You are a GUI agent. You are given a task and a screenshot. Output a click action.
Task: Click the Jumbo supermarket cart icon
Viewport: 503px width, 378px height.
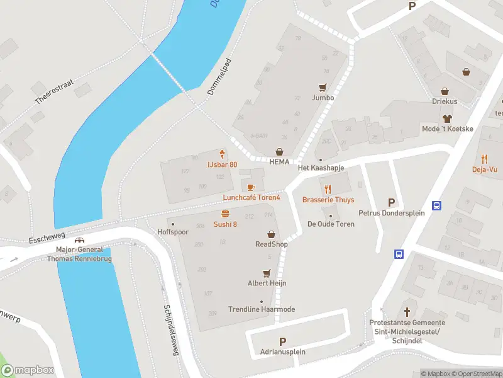pos(323,88)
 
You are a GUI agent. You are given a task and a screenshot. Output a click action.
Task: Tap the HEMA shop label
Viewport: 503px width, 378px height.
pos(279,161)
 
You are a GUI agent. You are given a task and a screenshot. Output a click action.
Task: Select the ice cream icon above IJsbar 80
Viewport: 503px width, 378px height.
pos(222,154)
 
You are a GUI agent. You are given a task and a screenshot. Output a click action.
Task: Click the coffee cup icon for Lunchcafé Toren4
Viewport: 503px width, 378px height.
pos(251,187)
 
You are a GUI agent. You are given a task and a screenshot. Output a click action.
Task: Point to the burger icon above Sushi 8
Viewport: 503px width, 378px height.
pos(225,214)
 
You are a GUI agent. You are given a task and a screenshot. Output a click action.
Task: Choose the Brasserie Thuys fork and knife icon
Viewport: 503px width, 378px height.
pos(328,189)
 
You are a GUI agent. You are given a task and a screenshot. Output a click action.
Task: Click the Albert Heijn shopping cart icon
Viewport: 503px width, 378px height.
pos(267,273)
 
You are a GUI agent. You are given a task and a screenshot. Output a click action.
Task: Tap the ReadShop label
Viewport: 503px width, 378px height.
pos(271,244)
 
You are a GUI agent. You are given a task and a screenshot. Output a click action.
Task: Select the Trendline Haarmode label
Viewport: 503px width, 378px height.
pos(261,309)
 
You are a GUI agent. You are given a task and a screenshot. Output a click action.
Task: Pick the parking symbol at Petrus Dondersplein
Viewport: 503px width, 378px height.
pos(392,203)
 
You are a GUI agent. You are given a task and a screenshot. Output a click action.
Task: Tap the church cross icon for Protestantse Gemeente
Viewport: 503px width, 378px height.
pos(407,312)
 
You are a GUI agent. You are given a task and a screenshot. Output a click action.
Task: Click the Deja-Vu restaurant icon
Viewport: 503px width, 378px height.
pos(484,159)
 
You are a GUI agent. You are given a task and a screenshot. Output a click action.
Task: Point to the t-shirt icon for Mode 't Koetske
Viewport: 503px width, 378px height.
pos(447,118)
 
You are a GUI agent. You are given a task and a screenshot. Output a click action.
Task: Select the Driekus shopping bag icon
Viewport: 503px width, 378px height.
pos(445,91)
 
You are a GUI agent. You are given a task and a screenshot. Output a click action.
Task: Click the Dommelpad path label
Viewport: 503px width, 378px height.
pos(219,77)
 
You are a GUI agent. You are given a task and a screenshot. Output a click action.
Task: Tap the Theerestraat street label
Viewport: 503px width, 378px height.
pos(55,91)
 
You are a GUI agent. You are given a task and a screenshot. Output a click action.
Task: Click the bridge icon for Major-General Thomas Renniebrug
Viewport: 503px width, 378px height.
pos(79,240)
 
